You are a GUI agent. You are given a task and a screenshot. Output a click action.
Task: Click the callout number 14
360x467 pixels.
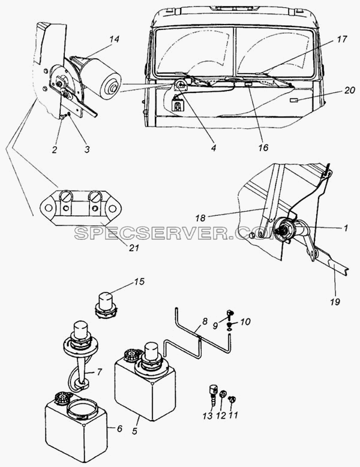(x=114, y=39)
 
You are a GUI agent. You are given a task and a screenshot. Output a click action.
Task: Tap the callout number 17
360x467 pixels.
(x=343, y=39)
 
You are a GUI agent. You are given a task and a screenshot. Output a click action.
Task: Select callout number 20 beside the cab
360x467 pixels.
(x=349, y=90)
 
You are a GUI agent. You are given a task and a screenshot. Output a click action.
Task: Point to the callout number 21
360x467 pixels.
(x=134, y=248)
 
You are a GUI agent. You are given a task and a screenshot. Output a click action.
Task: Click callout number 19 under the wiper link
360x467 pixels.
(x=335, y=302)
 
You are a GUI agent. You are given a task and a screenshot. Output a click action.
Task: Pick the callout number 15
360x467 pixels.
(x=139, y=281)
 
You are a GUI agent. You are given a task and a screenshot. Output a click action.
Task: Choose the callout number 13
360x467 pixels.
(x=208, y=415)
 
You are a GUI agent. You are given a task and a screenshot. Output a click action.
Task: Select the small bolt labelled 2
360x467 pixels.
(x=63, y=117)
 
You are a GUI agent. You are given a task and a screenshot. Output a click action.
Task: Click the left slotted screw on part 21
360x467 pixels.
(x=65, y=195)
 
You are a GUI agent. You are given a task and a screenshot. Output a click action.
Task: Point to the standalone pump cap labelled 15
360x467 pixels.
(x=106, y=305)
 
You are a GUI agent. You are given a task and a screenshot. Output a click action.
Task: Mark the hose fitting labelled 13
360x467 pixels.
(x=212, y=396)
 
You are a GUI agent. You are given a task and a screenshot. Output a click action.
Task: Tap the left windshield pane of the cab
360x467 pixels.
(x=194, y=52)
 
